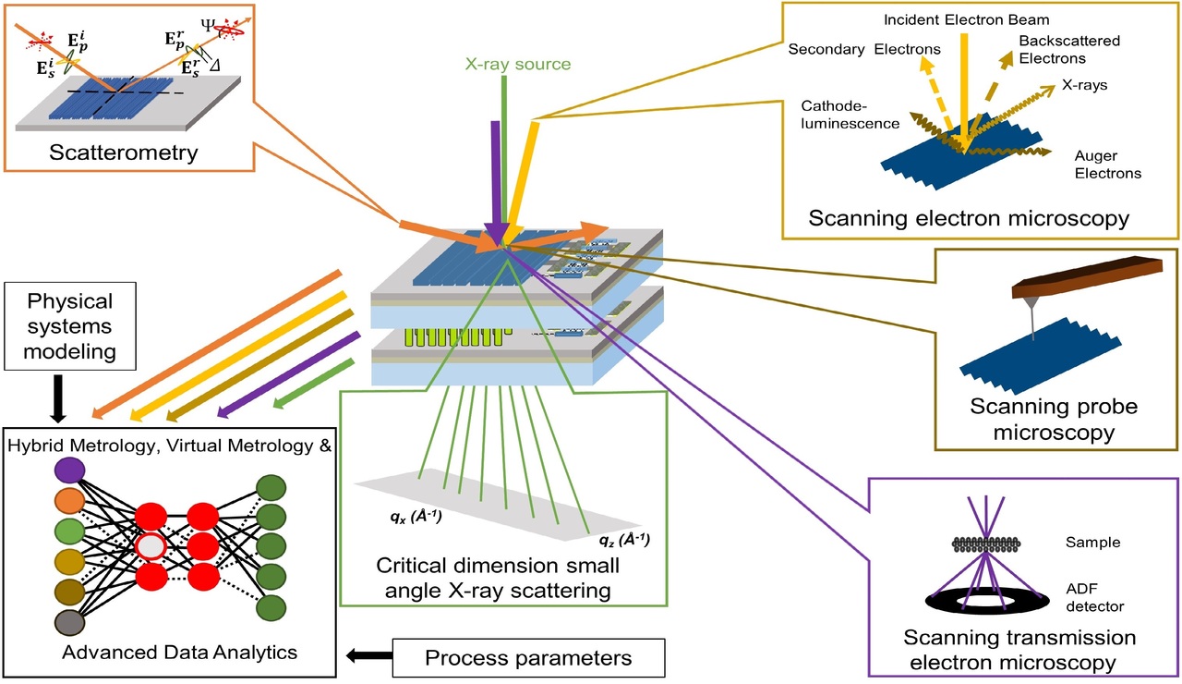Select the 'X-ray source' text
coord(519,64)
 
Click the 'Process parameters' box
coord(527,658)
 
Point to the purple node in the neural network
coord(69,470)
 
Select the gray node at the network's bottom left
coord(69,623)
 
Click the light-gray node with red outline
coord(150,546)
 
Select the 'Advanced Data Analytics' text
coord(179,653)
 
